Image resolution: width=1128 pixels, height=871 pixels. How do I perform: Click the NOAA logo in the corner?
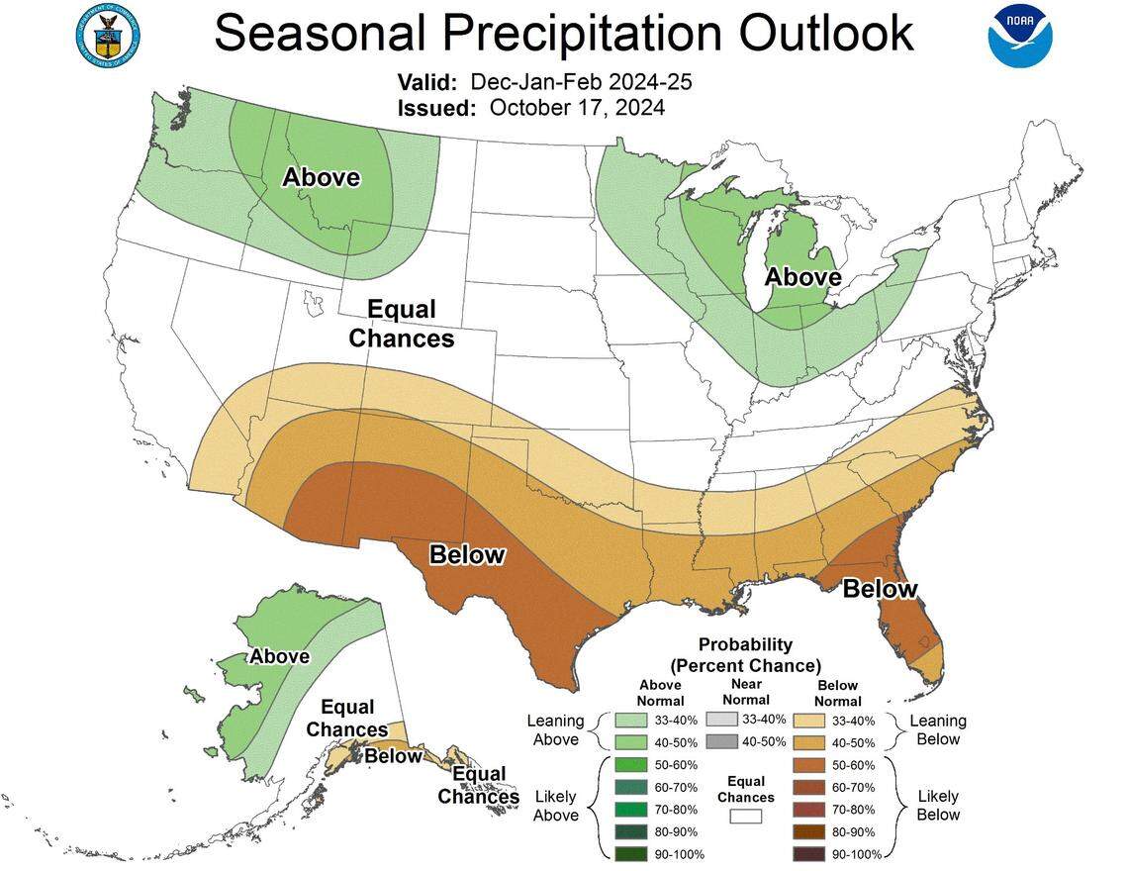[x=1019, y=36]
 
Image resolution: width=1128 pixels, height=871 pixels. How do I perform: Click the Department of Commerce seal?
[x=107, y=34]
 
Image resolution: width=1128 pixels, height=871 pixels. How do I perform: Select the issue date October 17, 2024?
[x=577, y=107]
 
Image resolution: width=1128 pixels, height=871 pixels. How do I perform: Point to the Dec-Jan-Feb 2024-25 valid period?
[x=581, y=81]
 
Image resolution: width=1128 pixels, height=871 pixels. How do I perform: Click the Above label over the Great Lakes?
[x=802, y=277]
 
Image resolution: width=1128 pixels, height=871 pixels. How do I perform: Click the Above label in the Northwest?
[x=321, y=178]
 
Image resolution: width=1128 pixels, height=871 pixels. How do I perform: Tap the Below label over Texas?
[x=467, y=555]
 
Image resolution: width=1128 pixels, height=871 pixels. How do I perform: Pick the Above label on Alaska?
[x=279, y=656]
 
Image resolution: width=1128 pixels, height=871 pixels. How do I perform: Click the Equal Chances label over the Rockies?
[x=402, y=324]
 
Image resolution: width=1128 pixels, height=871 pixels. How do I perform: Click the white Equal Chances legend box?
[x=746, y=817]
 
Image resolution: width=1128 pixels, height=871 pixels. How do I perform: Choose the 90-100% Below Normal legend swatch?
[x=812, y=853]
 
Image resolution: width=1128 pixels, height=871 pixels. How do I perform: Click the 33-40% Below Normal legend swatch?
[x=812, y=721]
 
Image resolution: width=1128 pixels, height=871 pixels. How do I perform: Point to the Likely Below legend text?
[x=937, y=806]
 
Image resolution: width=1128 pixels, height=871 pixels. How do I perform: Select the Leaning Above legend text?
[x=556, y=730]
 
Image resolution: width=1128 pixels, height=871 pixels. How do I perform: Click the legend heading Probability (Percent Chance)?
[x=745, y=653]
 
